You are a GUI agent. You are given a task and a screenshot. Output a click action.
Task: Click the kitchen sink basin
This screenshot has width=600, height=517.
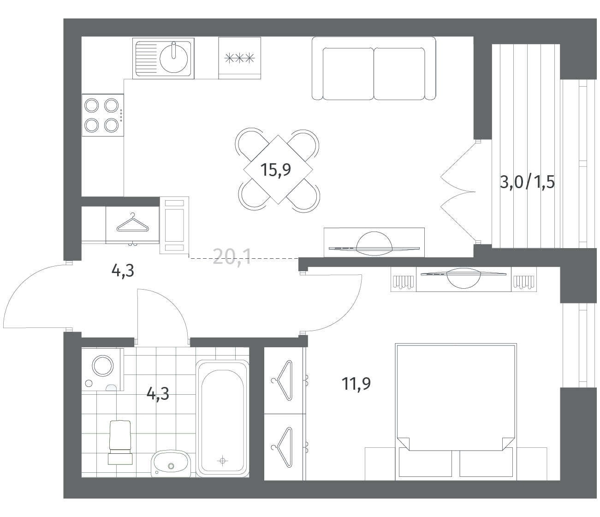coord(173,59)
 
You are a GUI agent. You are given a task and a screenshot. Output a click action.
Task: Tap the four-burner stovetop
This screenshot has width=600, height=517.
coord(103,115)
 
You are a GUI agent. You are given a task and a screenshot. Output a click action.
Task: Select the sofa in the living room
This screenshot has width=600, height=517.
coord(374,69)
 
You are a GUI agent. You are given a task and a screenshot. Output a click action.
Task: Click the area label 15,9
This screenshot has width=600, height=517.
coord(275,170)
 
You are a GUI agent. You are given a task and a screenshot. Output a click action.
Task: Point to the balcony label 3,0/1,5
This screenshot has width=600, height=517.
coord(527,182)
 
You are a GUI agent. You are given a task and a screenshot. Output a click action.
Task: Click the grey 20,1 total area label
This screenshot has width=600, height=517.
coord(232,257)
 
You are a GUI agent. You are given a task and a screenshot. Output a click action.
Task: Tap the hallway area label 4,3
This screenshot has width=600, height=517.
coord(123,271)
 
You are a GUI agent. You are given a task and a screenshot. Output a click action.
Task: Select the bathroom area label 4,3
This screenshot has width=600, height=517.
coord(158,394)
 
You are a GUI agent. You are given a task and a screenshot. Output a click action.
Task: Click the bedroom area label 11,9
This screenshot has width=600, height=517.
coord(356,383)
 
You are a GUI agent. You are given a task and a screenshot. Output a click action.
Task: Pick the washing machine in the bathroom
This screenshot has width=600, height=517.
coord(102,369)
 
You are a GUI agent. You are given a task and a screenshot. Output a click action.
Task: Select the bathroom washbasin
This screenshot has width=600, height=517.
coord(171,464)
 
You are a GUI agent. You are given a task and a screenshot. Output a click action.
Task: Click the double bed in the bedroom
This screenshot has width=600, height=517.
coord(456,412)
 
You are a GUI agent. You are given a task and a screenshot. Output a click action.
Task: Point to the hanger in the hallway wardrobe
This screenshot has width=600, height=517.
coord(133,223)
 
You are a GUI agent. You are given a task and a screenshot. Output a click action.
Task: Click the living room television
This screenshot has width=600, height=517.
coord(374,244)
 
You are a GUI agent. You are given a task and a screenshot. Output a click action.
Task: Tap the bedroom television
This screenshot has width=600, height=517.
coord(463,278)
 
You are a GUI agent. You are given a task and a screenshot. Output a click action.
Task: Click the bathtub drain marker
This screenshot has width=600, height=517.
coord(222,461)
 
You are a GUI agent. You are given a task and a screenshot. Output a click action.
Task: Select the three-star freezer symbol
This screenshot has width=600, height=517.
coord(239,59)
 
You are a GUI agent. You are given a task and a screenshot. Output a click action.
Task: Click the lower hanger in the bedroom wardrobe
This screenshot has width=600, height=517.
coord(282,447)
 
